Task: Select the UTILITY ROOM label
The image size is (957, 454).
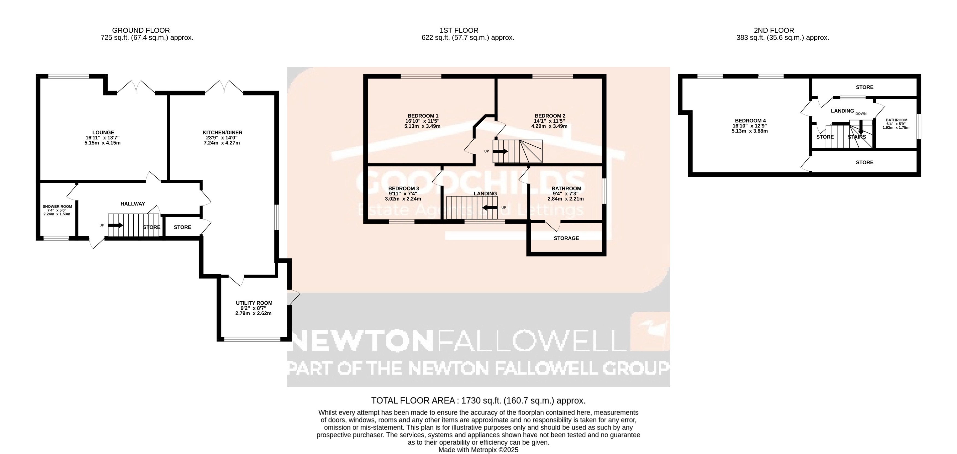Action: (254, 303)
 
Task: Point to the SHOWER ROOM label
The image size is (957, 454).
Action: (57, 206)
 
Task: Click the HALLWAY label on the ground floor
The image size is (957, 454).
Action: (133, 204)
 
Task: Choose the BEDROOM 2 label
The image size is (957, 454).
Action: (550, 116)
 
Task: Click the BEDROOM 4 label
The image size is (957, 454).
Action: (750, 120)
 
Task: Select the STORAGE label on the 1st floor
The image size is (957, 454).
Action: (566, 238)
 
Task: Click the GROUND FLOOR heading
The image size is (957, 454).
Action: (141, 30)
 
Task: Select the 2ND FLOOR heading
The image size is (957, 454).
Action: (774, 30)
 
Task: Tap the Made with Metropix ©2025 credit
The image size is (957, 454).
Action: (478, 450)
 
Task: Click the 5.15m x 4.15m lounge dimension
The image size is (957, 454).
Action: (103, 143)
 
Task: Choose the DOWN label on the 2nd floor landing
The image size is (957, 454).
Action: (861, 114)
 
